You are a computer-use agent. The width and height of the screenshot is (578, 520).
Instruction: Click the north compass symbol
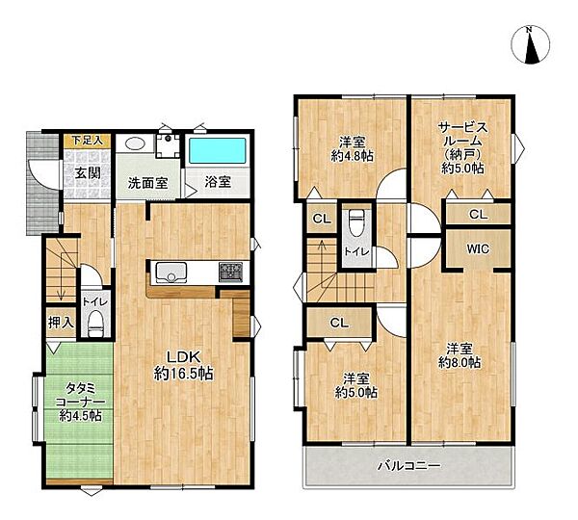pyautogui.click(x=531, y=46)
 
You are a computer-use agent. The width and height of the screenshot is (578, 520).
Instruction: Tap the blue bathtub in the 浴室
pyautogui.click(x=213, y=152)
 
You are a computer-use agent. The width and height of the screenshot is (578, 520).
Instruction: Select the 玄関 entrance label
pyautogui.click(x=78, y=173)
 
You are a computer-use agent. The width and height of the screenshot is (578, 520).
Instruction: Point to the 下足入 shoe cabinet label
pyautogui.click(x=88, y=141)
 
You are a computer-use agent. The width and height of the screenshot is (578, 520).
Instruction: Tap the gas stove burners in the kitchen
pyautogui.click(x=230, y=271)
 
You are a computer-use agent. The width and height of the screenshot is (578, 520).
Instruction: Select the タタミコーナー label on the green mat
pyautogui.click(x=76, y=396)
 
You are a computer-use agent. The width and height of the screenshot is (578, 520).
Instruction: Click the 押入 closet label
pyautogui.click(x=60, y=323)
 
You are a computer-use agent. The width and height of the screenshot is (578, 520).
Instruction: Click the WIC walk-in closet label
pyautogui.click(x=478, y=247)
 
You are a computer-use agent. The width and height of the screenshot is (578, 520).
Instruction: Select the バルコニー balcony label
pyautogui.click(x=408, y=466)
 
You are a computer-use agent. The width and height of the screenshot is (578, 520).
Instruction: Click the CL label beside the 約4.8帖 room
pyautogui.click(x=322, y=219)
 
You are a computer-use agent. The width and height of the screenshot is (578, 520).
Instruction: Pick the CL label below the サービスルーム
pyautogui.click(x=478, y=214)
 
